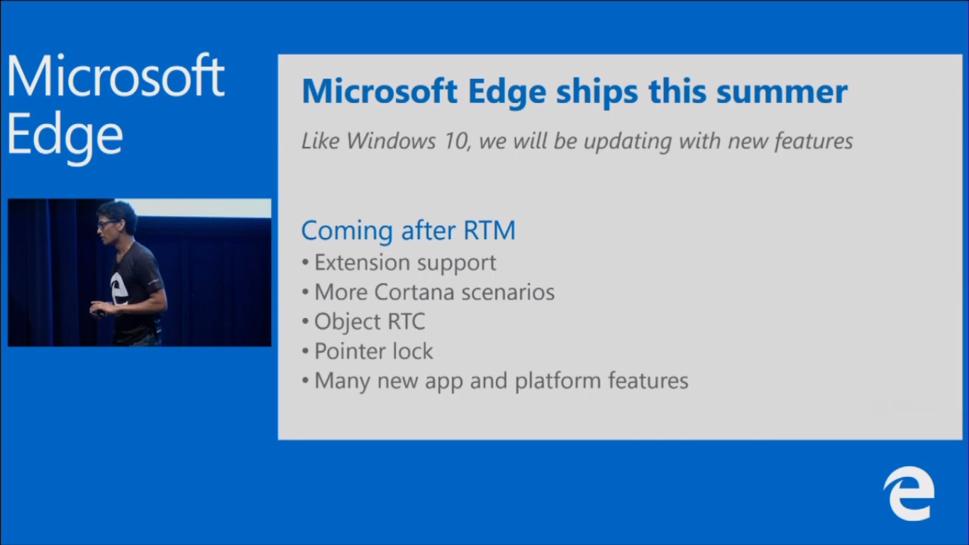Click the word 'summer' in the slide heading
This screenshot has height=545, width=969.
[782, 92]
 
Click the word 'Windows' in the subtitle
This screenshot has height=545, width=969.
[391, 141]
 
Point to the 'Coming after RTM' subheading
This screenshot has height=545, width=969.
[409, 230]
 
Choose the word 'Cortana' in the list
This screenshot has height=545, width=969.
[414, 292]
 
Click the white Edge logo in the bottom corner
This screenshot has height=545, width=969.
[909, 494]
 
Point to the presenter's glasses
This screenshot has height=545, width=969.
[107, 224]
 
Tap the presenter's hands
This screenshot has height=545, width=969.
[102, 309]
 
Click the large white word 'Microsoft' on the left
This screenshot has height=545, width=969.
[116, 77]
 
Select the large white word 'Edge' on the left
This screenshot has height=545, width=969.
[65, 136]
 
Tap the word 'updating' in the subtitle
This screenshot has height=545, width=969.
[628, 142]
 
